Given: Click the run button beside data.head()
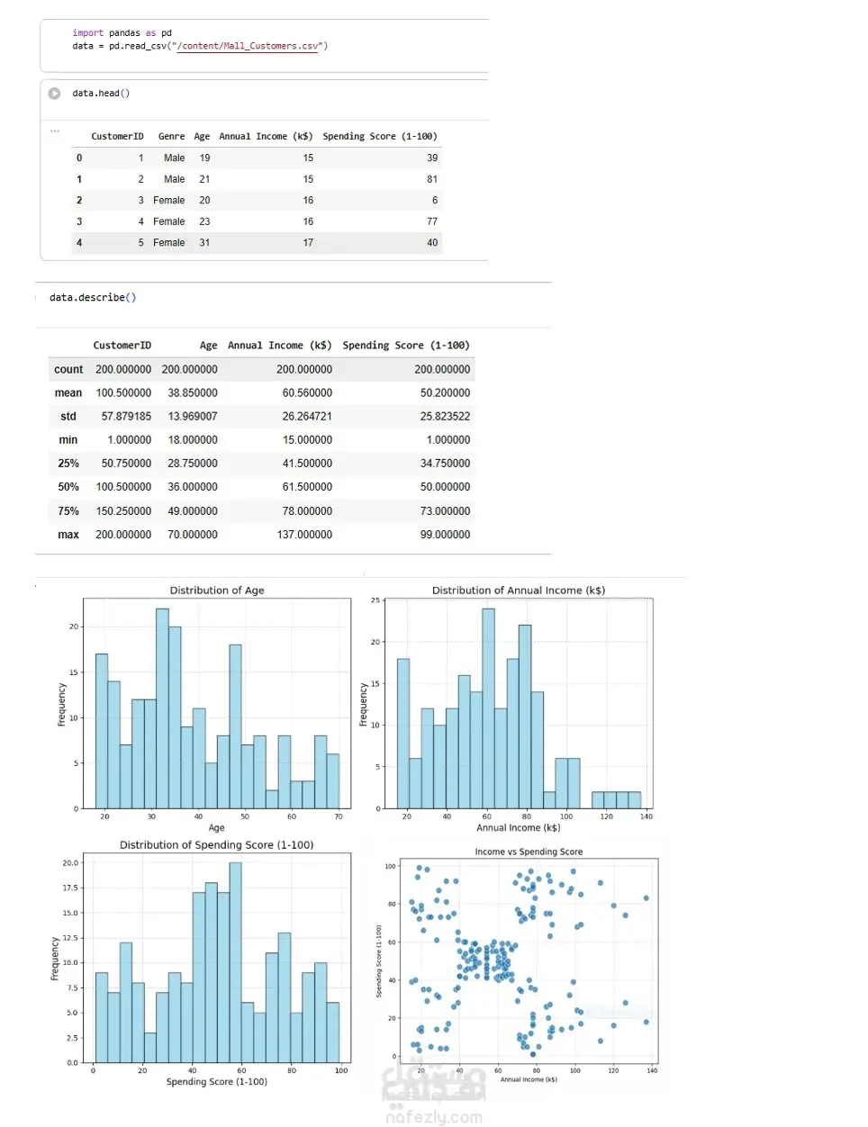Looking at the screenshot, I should (x=54, y=94).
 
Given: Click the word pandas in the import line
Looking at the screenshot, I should (x=124, y=33).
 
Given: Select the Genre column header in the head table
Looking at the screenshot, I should (x=171, y=137).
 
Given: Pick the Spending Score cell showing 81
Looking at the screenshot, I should (x=432, y=179).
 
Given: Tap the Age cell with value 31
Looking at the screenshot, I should (x=204, y=243).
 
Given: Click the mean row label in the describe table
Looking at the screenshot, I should (x=68, y=393).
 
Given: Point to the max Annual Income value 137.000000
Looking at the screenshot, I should (x=304, y=535).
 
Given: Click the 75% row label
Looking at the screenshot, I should (x=68, y=511).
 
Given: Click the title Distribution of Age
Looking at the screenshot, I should (x=217, y=591).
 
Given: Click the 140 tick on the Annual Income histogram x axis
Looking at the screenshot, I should (x=646, y=816).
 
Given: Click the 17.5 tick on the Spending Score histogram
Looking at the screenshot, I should (x=70, y=888).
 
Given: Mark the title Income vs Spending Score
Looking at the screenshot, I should (x=529, y=852).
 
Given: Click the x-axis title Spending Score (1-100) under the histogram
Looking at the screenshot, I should (x=216, y=1082).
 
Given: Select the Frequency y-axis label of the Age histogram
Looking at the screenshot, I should (x=61, y=704).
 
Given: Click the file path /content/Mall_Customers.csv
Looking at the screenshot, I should (x=248, y=46).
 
